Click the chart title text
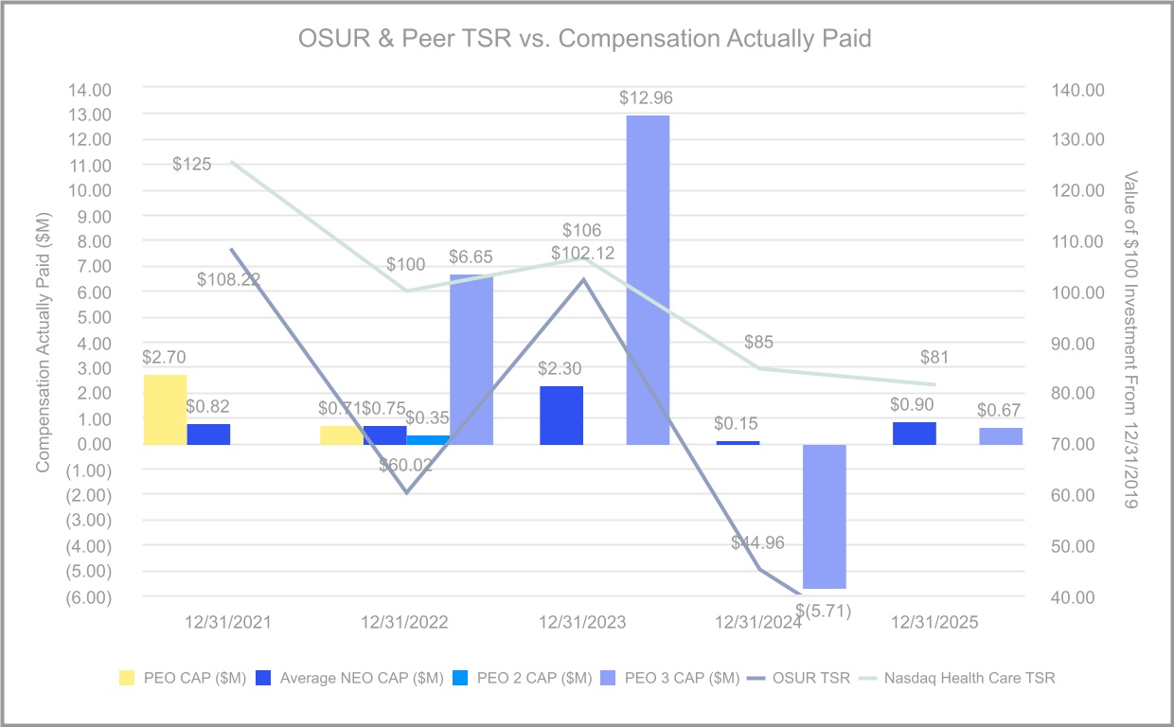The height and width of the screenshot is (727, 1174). pyautogui.click(x=584, y=40)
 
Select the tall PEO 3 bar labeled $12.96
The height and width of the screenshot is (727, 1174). pyautogui.click(x=648, y=279)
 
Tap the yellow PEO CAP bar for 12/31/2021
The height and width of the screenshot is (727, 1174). pyautogui.click(x=165, y=409)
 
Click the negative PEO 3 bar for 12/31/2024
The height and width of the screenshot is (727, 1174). pyautogui.click(x=824, y=517)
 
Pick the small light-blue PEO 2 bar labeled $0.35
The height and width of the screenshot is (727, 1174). pyautogui.click(x=428, y=439)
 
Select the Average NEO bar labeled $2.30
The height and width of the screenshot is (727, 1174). pyautogui.click(x=561, y=415)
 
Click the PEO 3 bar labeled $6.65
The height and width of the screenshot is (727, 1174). pyautogui.click(x=471, y=359)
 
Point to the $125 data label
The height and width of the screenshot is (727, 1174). pyautogui.click(x=192, y=165)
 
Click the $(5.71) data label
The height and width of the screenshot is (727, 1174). pyautogui.click(x=824, y=611)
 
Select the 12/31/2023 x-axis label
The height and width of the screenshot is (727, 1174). pyautogui.click(x=583, y=623)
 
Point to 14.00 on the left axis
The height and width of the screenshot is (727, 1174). pyautogui.click(x=88, y=89)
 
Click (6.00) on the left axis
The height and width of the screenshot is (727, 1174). pyautogui.click(x=88, y=596)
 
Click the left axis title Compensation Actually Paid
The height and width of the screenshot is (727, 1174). pyautogui.click(x=43, y=344)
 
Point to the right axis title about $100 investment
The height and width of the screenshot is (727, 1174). pyautogui.click(x=1129, y=341)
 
